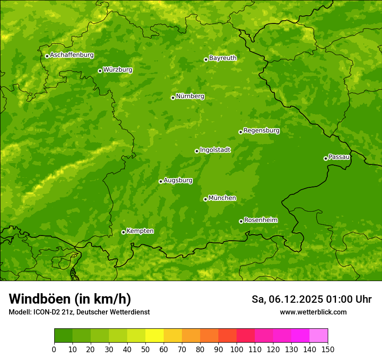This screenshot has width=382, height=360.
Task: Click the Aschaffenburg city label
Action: click(x=72, y=55)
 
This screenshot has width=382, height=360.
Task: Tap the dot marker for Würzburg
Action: click(x=100, y=71)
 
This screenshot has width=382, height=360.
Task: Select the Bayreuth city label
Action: click(x=223, y=58)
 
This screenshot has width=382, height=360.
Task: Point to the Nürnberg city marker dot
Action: click(x=173, y=98)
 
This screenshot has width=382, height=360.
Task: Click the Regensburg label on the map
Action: click(x=261, y=131)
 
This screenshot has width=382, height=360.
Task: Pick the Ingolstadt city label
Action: click(x=215, y=150)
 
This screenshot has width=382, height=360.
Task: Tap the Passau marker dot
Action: click(x=326, y=158)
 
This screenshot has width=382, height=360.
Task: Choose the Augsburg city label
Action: click(x=178, y=180)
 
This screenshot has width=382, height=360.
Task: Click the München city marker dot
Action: click(x=205, y=199)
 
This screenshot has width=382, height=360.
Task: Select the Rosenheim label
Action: click(x=260, y=220)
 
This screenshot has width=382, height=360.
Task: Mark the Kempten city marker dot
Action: click(x=123, y=232)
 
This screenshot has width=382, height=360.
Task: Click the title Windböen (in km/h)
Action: click(x=70, y=299)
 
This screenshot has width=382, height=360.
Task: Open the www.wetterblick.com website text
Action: click(x=313, y=312)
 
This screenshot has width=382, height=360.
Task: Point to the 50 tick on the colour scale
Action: click(x=145, y=349)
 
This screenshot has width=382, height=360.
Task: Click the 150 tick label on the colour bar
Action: click(x=328, y=349)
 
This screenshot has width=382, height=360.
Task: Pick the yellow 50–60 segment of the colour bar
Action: click(x=155, y=336)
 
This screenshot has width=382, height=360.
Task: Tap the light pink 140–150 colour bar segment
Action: click(x=319, y=336)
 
